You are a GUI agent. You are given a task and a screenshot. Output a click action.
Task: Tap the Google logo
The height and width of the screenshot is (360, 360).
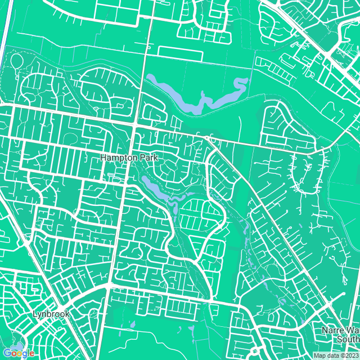19,353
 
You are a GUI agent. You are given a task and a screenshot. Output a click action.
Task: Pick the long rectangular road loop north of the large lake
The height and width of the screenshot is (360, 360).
180,53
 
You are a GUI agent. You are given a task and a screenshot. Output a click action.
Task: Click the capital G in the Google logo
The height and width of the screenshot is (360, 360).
7,353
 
